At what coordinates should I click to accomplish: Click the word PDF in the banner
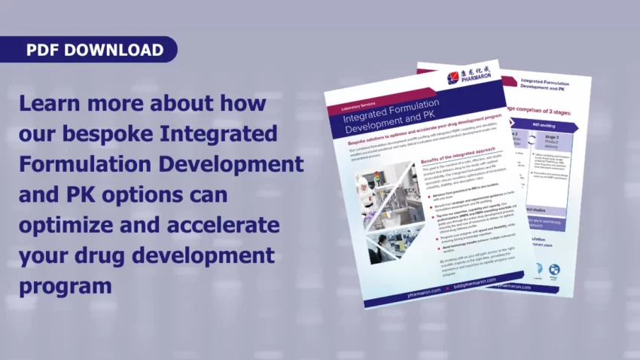[x=43, y=50]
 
